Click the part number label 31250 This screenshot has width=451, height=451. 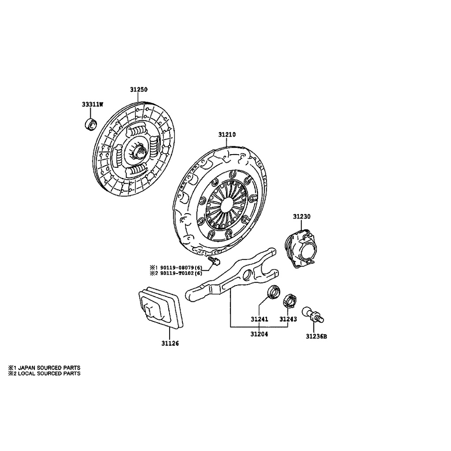click(x=138, y=89)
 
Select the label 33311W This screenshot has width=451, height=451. click(x=92, y=105)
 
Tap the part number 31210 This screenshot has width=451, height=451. click(x=227, y=134)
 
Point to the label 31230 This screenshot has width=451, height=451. click(x=302, y=217)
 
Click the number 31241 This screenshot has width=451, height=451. click(x=259, y=319)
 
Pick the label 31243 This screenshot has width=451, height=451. click(x=288, y=319)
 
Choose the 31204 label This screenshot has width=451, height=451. click(x=259, y=334)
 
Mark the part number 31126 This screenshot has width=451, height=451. click(x=170, y=343)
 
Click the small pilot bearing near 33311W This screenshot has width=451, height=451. click(x=90, y=125)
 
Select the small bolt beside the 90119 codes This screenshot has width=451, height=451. click(x=215, y=262)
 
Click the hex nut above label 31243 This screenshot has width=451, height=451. click(x=290, y=300)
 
